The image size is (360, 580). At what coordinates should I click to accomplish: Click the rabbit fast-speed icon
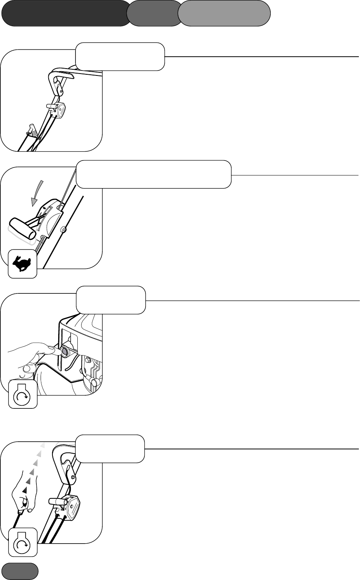click(x=23, y=264)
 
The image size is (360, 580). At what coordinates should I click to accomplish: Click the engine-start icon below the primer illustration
click(x=23, y=394)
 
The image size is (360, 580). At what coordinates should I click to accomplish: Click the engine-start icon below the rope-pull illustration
click(x=23, y=542)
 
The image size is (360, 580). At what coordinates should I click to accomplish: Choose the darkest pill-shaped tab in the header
click(x=65, y=13)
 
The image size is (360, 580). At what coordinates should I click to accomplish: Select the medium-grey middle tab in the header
click(x=154, y=13)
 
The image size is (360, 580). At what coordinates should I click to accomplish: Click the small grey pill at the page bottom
click(x=20, y=571)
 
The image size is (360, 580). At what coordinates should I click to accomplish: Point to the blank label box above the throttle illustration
click(x=154, y=174)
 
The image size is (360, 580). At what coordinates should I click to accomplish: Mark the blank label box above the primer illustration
click(x=111, y=300)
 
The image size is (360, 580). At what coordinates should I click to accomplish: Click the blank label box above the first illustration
click(x=120, y=57)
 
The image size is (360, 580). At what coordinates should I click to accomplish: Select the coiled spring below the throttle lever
click(x=39, y=247)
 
